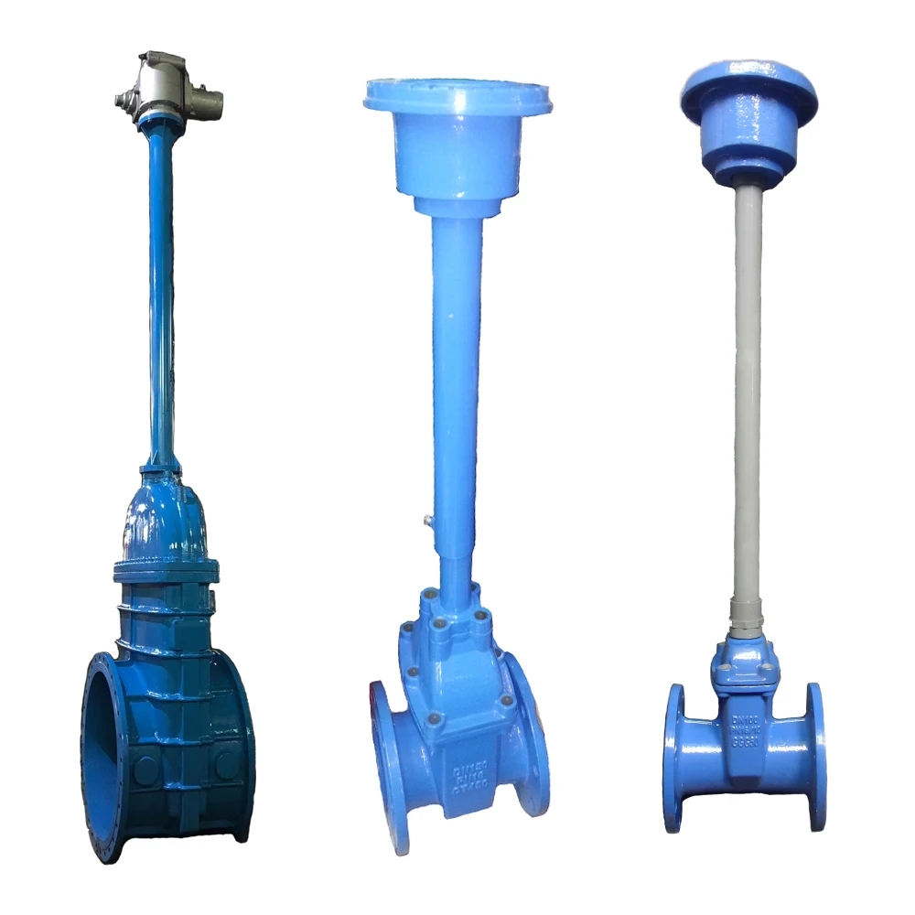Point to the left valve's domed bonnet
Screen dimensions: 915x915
(x=166, y=517)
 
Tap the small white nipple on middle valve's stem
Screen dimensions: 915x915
(x=427, y=522)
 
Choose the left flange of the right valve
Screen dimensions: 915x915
(x=675, y=756)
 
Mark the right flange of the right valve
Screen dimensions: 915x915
(x=815, y=754)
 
